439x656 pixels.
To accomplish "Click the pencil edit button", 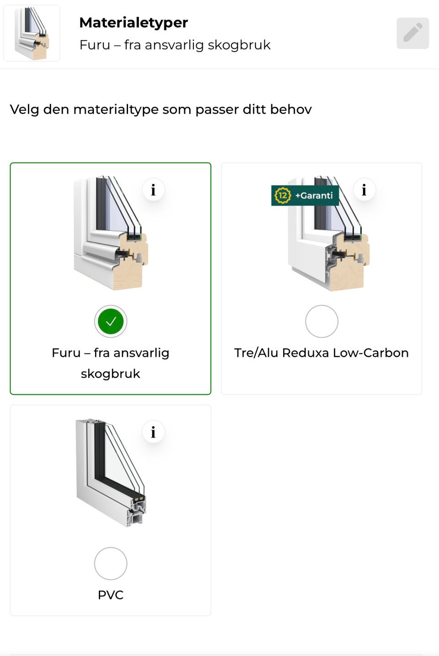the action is [412, 33].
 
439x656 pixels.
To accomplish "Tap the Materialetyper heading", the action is [134, 23].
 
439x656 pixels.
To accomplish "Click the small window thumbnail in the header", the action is [32, 33].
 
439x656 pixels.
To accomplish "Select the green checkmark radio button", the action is [111, 321].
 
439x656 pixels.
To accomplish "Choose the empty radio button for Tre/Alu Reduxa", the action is [321, 321].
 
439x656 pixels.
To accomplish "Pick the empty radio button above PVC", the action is [111, 563].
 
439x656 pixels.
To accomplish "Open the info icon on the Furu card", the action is [153, 190].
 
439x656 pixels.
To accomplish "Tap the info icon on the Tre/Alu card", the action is [364, 190].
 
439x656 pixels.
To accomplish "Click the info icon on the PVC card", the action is [153, 432].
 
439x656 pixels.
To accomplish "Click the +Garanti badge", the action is [305, 196].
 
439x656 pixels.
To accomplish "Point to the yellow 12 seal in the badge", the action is [283, 196].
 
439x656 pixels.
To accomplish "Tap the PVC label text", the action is [111, 595].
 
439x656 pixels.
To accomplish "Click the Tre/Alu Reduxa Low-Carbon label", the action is [321, 353].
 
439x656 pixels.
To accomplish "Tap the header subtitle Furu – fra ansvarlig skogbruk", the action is [175, 45].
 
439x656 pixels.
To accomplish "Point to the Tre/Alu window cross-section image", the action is [328, 234].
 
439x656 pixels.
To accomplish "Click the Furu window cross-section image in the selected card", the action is [111, 233].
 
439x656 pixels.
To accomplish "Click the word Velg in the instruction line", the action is [24, 110].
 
